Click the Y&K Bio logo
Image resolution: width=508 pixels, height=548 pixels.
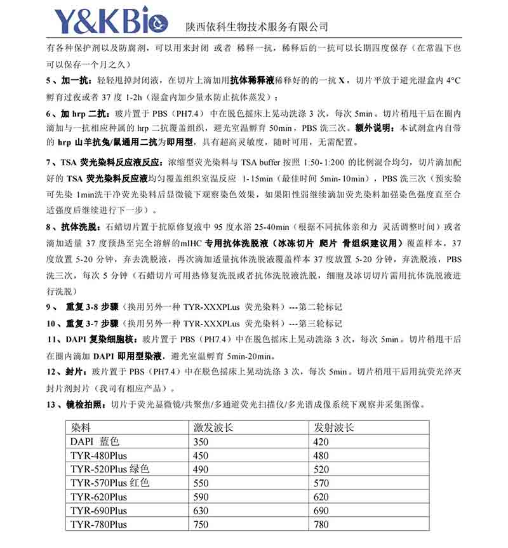101,21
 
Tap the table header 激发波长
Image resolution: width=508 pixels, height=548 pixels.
213,427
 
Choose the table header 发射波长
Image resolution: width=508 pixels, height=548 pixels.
334,427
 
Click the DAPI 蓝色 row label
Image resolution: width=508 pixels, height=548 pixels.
95,441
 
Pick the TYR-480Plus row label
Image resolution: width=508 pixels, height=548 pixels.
99,455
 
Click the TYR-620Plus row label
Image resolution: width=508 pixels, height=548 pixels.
99,497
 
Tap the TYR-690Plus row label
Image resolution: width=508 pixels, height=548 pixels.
99,511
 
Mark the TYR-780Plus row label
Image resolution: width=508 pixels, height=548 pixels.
99,525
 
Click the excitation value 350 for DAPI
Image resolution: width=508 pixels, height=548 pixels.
201,441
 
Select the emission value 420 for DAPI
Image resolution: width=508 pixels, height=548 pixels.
321,441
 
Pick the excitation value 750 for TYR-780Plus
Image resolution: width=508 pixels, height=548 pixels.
201,525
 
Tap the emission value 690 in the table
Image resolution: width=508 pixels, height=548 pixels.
321,511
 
